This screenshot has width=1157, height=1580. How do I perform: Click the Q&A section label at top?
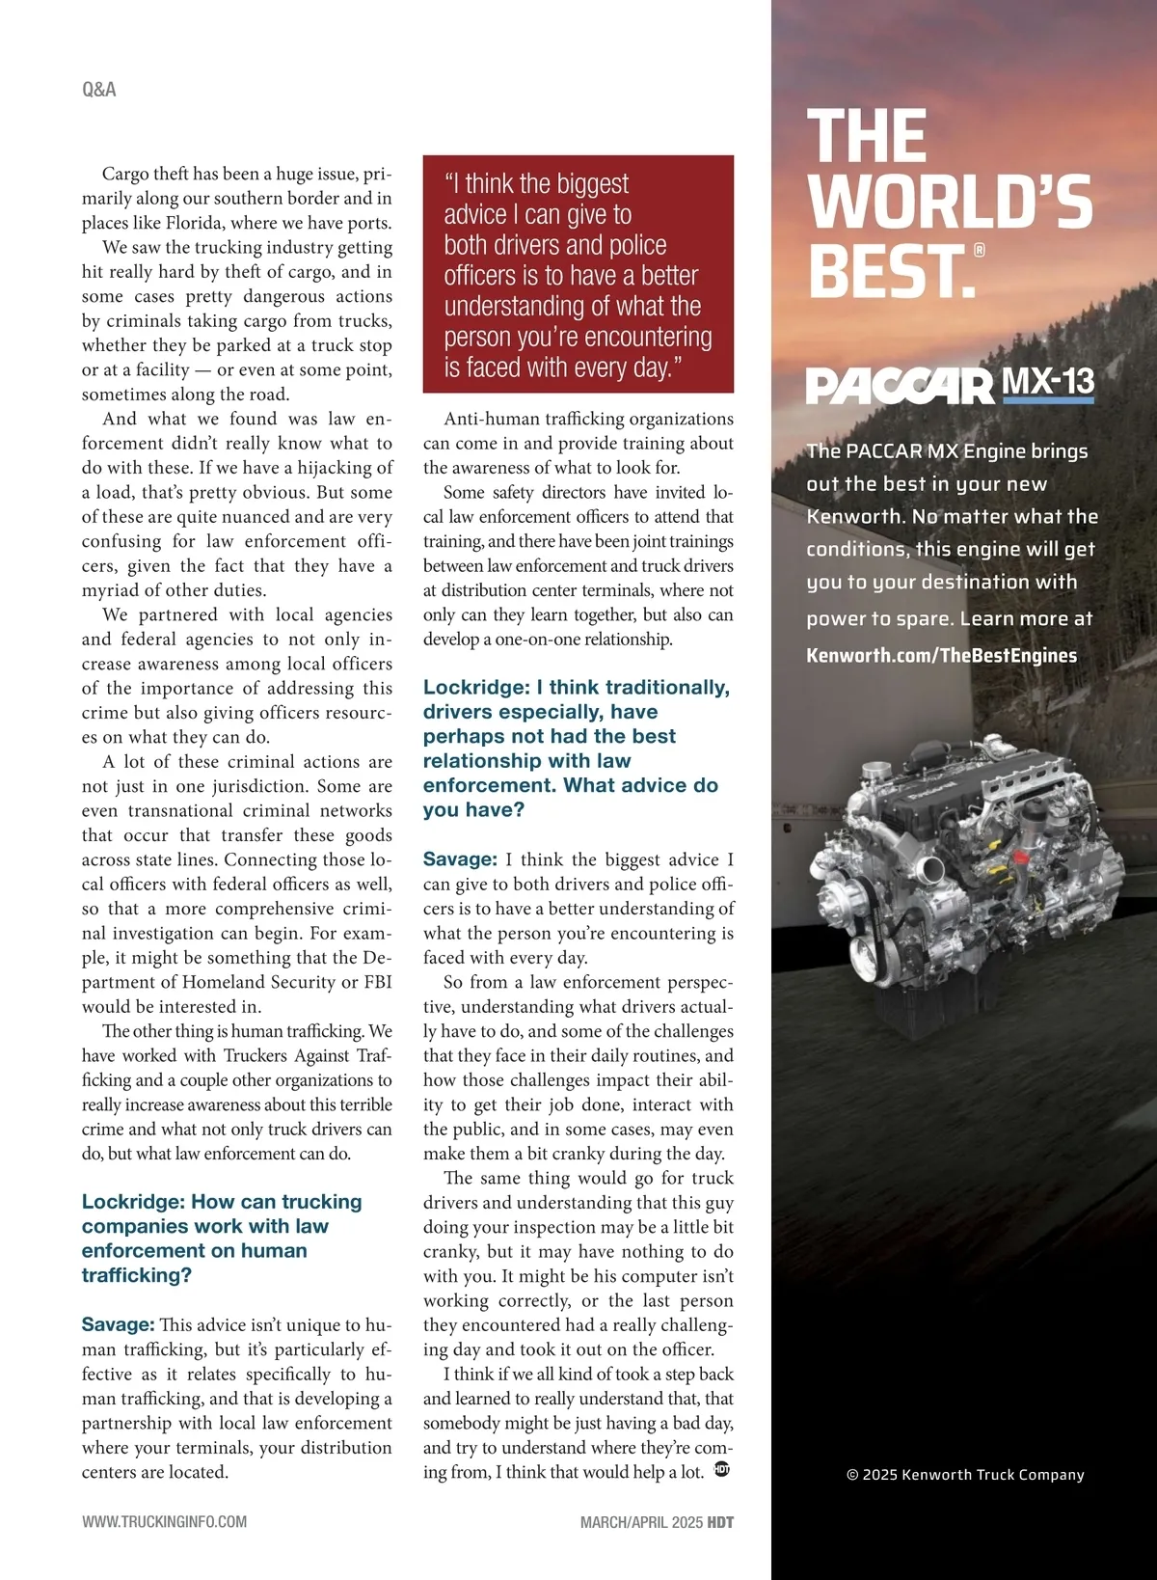point(99,90)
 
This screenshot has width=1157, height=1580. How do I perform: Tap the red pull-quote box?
point(578,274)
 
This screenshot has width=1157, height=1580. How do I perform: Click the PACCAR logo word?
point(899,386)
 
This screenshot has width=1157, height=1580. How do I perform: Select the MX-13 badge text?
point(1048,383)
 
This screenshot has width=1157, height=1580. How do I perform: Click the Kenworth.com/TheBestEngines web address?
point(941,656)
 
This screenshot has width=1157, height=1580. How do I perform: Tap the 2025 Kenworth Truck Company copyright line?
point(965,1475)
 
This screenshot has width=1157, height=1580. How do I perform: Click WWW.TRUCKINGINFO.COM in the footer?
point(164,1522)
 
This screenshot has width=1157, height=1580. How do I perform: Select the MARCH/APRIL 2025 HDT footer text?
point(657,1522)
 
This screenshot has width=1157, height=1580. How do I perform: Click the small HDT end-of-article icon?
point(722,1470)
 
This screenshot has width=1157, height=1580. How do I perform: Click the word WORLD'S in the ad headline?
point(950,203)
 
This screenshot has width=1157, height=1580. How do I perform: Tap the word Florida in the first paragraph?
point(194,223)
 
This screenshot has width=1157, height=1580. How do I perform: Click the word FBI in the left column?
point(377,982)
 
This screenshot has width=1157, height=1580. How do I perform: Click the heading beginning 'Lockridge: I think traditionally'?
point(576,748)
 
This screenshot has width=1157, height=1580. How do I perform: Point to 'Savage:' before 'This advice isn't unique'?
point(118,1325)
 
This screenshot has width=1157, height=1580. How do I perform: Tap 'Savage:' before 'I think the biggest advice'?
point(460,859)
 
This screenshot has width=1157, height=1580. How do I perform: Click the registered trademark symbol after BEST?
point(980,250)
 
